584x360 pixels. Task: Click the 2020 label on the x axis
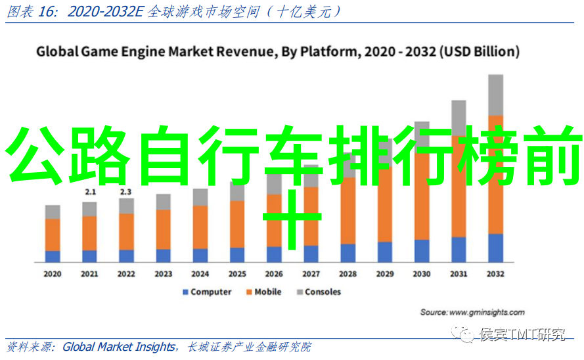(53, 274)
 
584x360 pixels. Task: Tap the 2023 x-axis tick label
(163, 274)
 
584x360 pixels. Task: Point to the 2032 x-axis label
(496, 274)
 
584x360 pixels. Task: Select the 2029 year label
(385, 274)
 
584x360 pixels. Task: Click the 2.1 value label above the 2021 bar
(90, 192)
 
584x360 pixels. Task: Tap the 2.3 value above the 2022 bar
(126, 192)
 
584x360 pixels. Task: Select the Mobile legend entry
(267, 292)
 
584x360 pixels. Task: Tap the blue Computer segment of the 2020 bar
(53, 256)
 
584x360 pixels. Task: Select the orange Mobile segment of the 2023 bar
(163, 229)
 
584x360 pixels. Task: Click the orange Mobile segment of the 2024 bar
(200, 227)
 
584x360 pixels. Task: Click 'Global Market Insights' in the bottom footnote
(119, 347)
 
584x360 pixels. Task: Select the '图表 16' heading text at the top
(24, 12)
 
